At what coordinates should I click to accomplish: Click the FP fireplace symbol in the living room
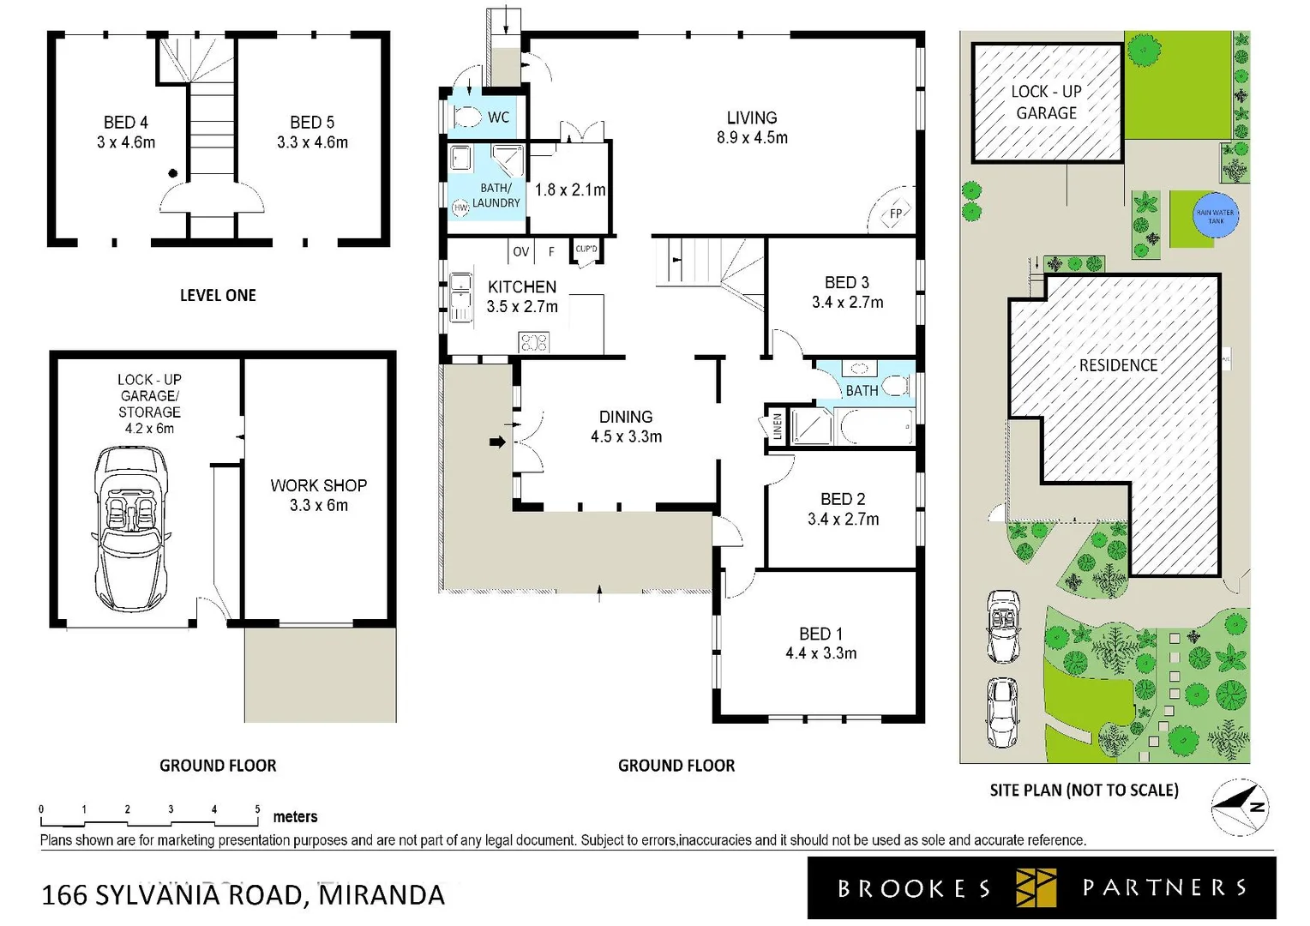[895, 213]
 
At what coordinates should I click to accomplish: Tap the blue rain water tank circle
[1215, 216]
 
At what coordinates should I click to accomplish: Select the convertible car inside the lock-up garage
[131, 528]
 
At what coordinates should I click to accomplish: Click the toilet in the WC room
[467, 117]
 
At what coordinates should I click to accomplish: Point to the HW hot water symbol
[460, 207]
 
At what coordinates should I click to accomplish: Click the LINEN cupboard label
[778, 426]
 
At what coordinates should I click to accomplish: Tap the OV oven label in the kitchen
[520, 251]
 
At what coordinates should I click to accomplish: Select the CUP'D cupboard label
[586, 250]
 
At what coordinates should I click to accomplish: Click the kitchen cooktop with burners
[533, 343]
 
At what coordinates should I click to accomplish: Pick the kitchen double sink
[461, 298]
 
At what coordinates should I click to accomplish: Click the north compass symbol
[1240, 807]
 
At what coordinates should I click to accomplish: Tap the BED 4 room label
[126, 123]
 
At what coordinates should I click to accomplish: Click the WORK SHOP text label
[318, 485]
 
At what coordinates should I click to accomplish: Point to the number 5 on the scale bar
[257, 809]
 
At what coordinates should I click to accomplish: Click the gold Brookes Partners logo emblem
[1036, 887]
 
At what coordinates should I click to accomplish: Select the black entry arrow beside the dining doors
[497, 442]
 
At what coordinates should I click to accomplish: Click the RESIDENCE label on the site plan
[1118, 365]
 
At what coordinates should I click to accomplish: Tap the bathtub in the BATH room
[875, 426]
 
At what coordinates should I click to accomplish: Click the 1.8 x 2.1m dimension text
[570, 189]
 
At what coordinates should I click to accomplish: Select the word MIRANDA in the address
[382, 894]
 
